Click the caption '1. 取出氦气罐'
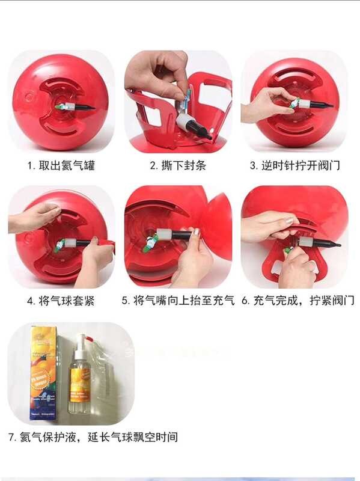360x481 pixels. (60, 165)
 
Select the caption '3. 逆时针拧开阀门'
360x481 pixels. (294, 165)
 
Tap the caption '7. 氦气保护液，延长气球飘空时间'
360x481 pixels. (93, 437)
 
